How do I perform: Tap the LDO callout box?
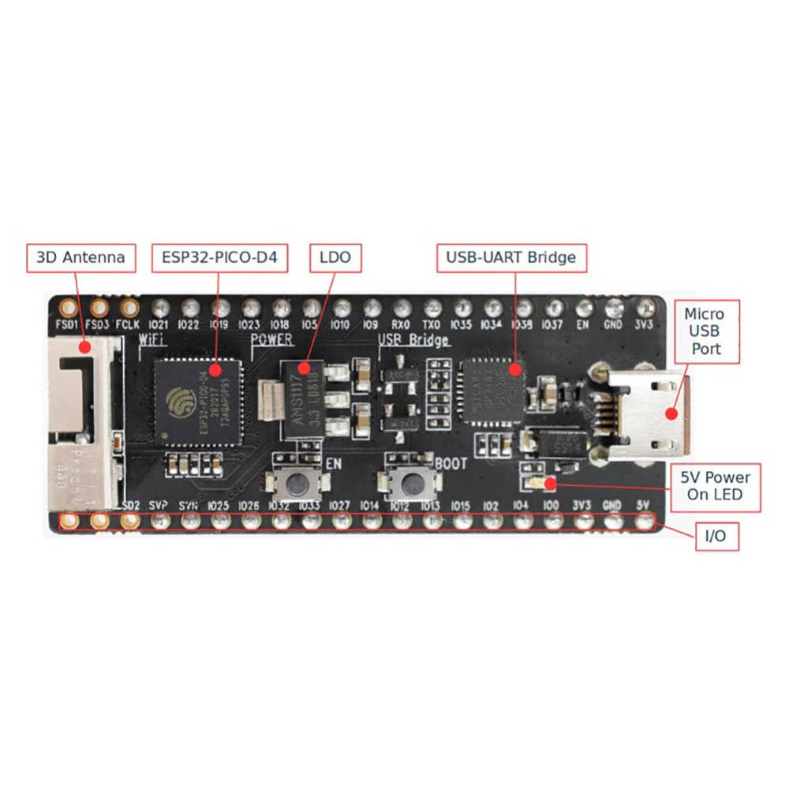point(335,257)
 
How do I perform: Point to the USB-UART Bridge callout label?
point(511,257)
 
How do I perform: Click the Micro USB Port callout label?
point(704,331)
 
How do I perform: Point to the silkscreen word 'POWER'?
point(271,340)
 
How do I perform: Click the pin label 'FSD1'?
point(68,324)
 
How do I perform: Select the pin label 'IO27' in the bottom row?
point(340,505)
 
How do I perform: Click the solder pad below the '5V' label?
point(645,521)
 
